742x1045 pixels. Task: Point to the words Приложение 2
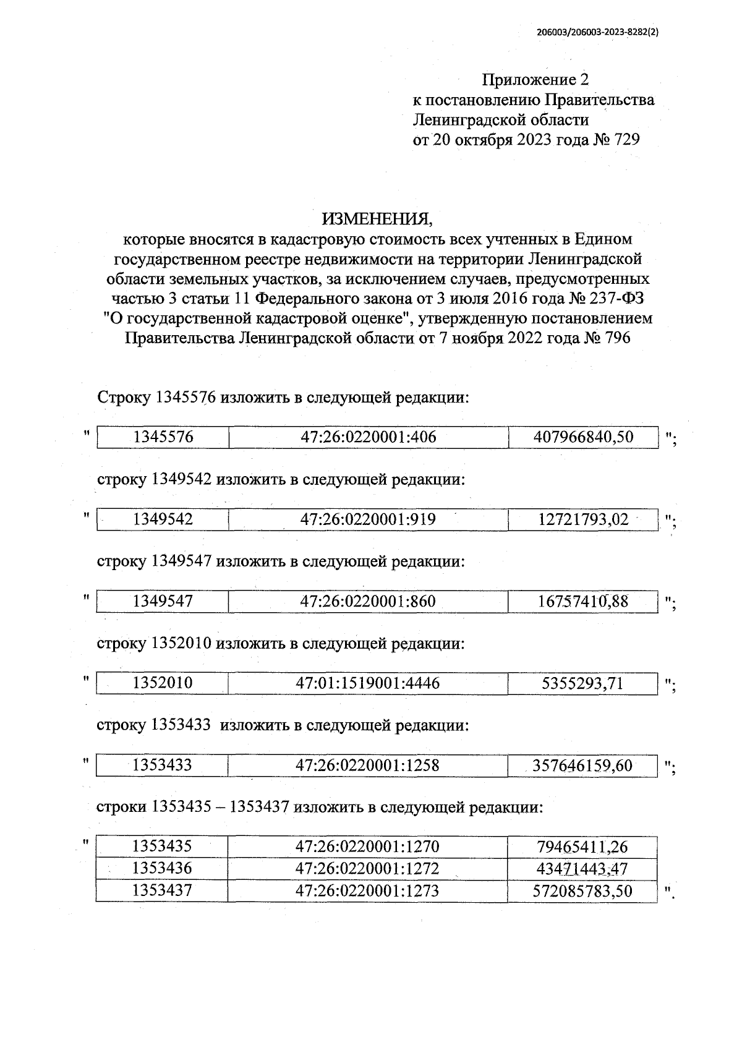tap(535, 80)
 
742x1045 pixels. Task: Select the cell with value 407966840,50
tap(583, 437)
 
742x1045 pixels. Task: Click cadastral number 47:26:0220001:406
tap(369, 437)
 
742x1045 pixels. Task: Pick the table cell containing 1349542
tap(163, 519)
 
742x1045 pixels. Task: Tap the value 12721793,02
tap(583, 519)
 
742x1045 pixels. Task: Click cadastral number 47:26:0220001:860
tap(369, 601)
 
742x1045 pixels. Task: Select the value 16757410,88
tap(583, 601)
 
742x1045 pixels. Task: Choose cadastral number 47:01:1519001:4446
tap(369, 683)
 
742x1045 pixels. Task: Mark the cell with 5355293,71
tap(583, 683)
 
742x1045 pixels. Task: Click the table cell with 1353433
tap(163, 766)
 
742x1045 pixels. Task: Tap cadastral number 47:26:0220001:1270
tap(369, 847)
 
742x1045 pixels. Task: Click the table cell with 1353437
tap(163, 890)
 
